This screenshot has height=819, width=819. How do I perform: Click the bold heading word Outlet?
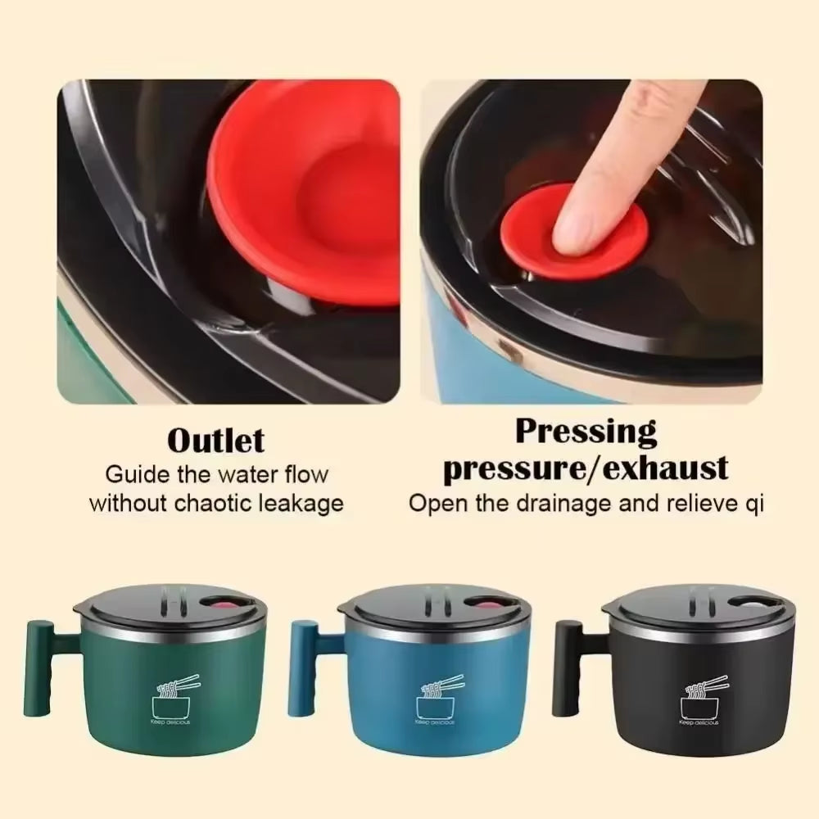(216, 441)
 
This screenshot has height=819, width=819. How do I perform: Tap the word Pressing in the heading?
(586, 432)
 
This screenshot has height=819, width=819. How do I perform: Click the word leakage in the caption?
(301, 502)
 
